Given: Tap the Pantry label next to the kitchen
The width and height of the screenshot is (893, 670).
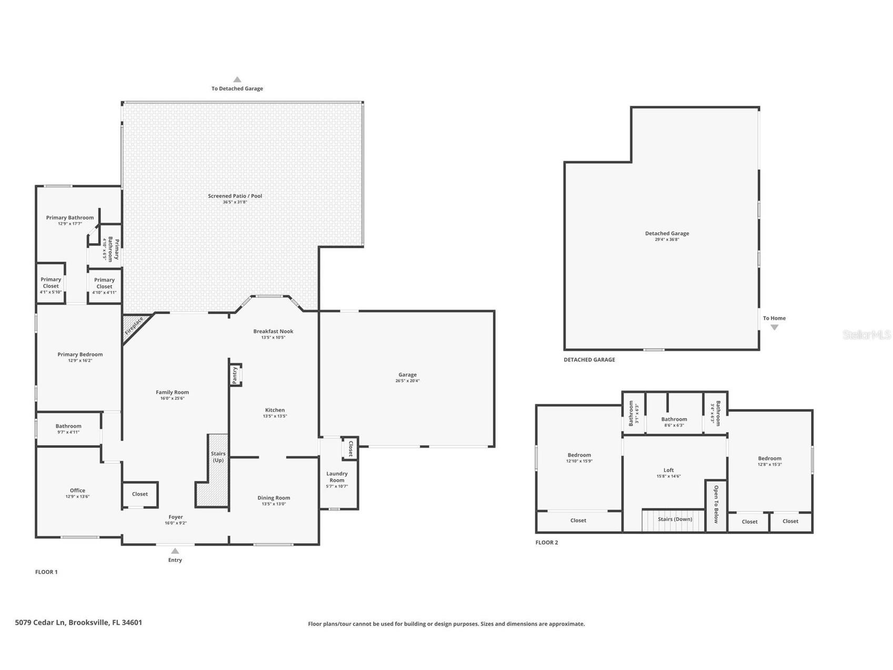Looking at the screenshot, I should (x=235, y=375).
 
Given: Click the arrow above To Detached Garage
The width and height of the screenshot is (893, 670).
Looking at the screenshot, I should (x=237, y=80).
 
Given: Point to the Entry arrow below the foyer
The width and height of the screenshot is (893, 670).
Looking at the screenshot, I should (x=175, y=551).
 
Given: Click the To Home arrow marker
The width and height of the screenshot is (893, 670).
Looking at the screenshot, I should (x=774, y=327).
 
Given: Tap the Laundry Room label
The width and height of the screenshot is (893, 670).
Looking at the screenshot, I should (x=337, y=477).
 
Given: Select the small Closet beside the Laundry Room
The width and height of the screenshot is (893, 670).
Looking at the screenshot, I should (x=350, y=448).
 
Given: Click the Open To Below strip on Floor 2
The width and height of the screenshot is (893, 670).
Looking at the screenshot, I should (x=716, y=505).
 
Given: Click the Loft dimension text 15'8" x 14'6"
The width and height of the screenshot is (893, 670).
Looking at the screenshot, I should (x=668, y=476).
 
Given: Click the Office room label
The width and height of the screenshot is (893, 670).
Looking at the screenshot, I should (x=77, y=490).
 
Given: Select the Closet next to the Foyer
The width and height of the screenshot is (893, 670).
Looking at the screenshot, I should (x=140, y=494).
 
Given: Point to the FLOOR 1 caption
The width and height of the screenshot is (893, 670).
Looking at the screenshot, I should (x=46, y=572).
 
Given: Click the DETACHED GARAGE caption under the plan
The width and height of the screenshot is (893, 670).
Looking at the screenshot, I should (x=589, y=360).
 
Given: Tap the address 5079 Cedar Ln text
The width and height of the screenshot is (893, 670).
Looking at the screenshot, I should (x=78, y=622).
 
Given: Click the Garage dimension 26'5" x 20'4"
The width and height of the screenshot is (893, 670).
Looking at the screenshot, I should (x=407, y=381).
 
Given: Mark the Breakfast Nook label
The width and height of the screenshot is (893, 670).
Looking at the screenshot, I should (x=273, y=331).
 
